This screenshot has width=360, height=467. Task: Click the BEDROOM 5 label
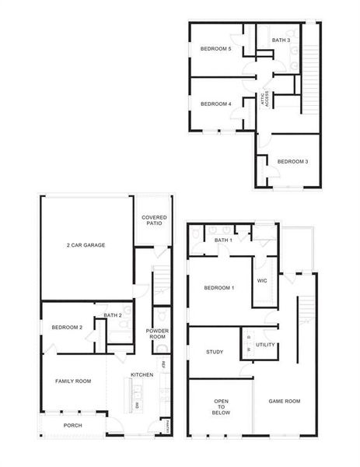[x=216, y=49]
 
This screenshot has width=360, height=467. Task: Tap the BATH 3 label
[x=281, y=40]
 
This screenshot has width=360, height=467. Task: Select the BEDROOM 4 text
[x=216, y=104]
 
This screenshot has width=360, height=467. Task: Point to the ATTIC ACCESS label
[x=265, y=98]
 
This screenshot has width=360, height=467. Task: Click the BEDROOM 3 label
[x=293, y=161]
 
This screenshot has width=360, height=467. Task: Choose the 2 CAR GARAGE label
[x=86, y=245]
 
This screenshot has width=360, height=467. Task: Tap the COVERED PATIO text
[x=153, y=220]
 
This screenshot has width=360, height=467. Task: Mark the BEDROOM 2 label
[x=67, y=328]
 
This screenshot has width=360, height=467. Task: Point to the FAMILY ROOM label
[x=73, y=381]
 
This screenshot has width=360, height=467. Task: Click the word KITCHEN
[x=141, y=374]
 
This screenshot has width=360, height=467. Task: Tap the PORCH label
[x=72, y=425]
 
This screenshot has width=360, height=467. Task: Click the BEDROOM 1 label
[x=218, y=288]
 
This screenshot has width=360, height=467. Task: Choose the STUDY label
[x=215, y=352]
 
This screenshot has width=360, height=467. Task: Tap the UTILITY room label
[x=265, y=344]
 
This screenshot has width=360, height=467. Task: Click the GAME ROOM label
[x=285, y=401]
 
